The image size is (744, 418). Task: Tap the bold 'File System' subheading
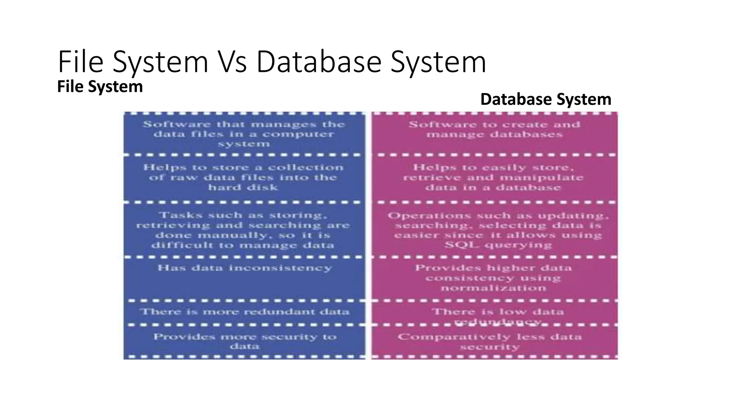click(x=100, y=87)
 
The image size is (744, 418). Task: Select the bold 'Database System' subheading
click(x=546, y=99)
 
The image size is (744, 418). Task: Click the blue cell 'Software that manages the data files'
click(x=244, y=134)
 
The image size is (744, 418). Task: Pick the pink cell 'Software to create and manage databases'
click(x=494, y=130)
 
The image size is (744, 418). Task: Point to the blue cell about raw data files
click(x=243, y=177)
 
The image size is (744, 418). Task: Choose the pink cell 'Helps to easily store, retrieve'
click(x=493, y=177)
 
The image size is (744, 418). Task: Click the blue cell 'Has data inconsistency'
click(x=244, y=268)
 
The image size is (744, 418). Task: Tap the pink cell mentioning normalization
click(x=493, y=278)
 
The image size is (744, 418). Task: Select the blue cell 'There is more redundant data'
click(x=244, y=312)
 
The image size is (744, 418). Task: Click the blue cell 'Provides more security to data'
click(x=244, y=341)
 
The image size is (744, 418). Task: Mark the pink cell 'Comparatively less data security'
click(x=490, y=341)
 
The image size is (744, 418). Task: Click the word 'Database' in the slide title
click(x=319, y=62)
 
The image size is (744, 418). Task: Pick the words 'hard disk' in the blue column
click(x=243, y=188)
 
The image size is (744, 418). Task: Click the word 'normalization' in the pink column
click(x=493, y=288)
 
